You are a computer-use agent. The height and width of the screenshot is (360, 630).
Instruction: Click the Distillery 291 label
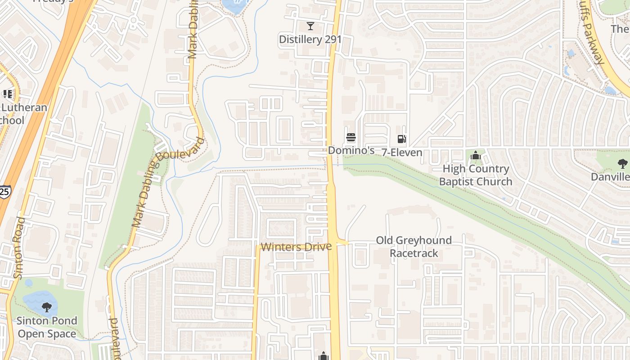pos(310,40)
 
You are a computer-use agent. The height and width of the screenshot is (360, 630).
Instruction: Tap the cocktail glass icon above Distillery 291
pos(310,26)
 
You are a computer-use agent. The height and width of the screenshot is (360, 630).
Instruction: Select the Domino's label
pos(351,150)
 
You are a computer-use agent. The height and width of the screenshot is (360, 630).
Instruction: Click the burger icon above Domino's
pos(351,137)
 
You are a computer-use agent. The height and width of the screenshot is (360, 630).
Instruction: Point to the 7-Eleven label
pos(402,153)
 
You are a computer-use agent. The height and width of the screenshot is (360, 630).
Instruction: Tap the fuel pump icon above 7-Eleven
pos(402,139)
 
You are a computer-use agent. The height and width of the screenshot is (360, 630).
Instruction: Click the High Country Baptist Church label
pos(476,175)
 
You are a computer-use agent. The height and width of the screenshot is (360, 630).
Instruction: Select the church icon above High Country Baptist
pos(476,156)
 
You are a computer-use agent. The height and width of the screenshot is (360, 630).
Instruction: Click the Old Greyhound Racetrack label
pos(414,247)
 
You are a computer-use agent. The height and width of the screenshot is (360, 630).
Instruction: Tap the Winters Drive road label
pos(296,247)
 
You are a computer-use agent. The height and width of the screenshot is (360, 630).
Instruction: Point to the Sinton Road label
pos(18,247)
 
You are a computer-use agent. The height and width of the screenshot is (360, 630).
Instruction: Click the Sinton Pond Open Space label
pos(47,327)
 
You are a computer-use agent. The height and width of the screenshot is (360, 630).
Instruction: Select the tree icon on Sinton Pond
pos(46,308)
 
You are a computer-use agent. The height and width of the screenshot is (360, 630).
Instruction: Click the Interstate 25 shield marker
pos(4,192)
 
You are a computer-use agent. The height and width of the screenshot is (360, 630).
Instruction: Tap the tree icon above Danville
pos(623,163)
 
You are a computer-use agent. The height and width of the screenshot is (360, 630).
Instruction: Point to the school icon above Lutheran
pos(8,94)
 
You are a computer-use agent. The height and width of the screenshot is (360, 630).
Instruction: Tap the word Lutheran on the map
pos(24,108)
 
